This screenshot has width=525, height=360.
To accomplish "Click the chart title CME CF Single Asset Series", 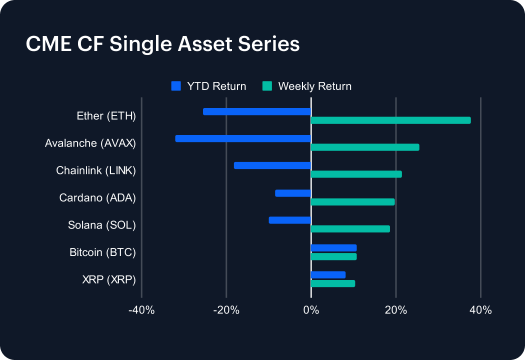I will pyautogui.click(x=162, y=44).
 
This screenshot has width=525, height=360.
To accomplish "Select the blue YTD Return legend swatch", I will pyautogui.click(x=175, y=86).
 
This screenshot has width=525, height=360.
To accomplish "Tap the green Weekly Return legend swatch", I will pyautogui.click(x=267, y=86).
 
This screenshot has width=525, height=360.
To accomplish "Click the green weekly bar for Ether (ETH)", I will pyautogui.click(x=390, y=120).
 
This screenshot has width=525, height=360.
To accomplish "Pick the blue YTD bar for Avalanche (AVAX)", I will pyautogui.click(x=243, y=138).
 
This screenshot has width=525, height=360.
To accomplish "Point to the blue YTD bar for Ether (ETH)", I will pyautogui.click(x=257, y=111).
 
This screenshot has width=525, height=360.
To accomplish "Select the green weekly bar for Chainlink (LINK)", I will pyautogui.click(x=356, y=174).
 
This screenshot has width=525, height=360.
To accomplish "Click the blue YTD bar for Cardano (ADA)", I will pyautogui.click(x=293, y=193).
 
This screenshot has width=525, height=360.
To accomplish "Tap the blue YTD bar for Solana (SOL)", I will pyautogui.click(x=290, y=220).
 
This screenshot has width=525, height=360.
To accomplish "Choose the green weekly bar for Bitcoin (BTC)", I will pyautogui.click(x=333, y=256).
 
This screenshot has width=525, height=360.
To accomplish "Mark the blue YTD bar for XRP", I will pyautogui.click(x=328, y=274).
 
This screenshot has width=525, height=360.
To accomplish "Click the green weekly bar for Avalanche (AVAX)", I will pyautogui.click(x=365, y=147).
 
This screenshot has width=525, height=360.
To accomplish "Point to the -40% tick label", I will pyautogui.click(x=141, y=310).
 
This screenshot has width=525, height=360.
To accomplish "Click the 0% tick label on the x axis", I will pyautogui.click(x=311, y=310).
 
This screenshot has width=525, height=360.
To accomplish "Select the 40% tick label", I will pyautogui.click(x=480, y=310).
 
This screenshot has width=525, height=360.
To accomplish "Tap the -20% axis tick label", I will pyautogui.click(x=226, y=310).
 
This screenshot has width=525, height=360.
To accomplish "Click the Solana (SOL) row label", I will pyautogui.click(x=102, y=225).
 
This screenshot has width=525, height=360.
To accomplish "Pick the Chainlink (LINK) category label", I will pyautogui.click(x=96, y=170).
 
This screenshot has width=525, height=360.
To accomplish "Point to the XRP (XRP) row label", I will pyautogui.click(x=109, y=279).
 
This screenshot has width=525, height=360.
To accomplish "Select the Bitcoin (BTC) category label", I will pyautogui.click(x=102, y=252).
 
